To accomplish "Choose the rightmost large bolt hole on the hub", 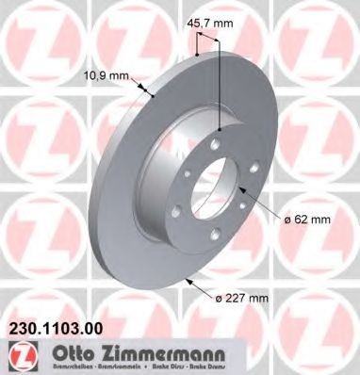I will [242, 188].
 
